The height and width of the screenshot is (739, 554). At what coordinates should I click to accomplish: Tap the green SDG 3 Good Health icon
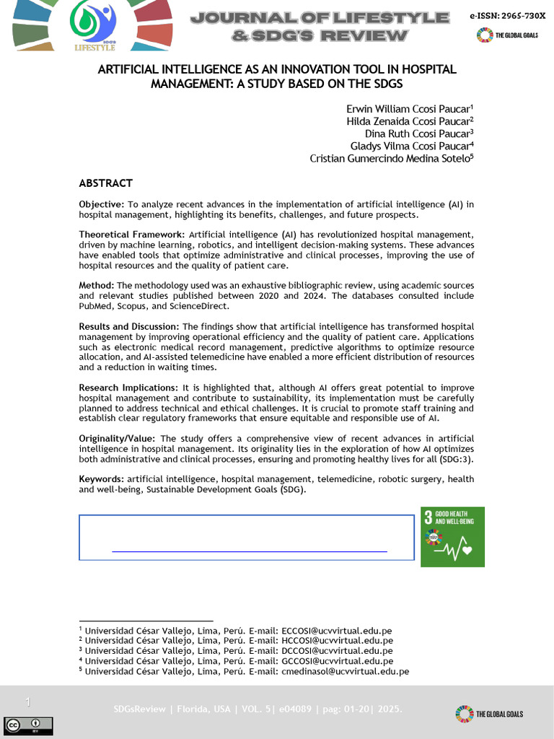point(452,536)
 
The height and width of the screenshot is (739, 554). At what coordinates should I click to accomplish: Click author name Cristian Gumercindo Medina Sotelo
point(390,158)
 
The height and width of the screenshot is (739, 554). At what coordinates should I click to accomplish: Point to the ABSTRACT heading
point(105,183)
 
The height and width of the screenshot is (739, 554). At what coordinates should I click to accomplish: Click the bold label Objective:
point(101,205)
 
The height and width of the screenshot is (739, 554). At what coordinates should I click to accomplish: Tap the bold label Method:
point(97,286)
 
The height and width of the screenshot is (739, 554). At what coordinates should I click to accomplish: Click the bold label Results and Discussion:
point(129,327)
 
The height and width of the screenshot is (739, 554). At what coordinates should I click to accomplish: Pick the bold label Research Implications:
point(128,388)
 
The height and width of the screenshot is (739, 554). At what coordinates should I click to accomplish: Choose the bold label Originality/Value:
point(118,438)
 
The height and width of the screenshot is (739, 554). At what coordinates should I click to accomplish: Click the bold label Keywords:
point(102,479)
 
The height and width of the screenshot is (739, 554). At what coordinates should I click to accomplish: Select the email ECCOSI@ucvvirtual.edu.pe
point(337,630)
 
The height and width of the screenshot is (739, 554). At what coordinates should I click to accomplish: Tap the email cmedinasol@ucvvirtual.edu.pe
point(345,671)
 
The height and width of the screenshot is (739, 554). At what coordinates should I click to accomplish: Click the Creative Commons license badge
point(28,724)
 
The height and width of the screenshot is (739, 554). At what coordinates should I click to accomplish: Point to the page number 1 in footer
point(27,702)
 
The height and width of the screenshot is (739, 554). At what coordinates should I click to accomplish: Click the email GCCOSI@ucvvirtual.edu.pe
point(337,661)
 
